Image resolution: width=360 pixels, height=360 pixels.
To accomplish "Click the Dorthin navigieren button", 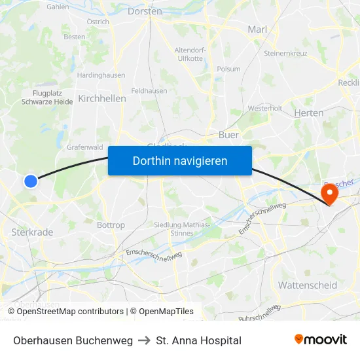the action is click(180, 160).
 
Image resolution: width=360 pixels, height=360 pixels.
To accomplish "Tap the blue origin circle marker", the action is click(31, 181).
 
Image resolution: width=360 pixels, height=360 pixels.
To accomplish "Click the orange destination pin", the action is click(329, 194).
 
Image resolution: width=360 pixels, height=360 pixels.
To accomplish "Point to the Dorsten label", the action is click(145, 11).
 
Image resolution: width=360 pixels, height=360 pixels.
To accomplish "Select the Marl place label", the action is click(257, 29).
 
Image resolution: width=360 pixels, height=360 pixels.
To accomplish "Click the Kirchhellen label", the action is click(101, 98).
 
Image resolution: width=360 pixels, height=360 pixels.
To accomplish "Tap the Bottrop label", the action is click(111, 225).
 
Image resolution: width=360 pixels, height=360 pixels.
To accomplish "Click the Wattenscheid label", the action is click(308, 285).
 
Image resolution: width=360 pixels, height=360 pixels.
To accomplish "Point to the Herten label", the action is click(309, 113).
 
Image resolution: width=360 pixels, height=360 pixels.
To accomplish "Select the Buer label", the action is click(228, 135).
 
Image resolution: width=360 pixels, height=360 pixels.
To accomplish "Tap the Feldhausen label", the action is click(149, 91).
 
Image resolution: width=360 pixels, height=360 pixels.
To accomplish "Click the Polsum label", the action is click(228, 69).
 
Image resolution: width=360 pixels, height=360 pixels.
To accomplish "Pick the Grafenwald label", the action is click(85, 147).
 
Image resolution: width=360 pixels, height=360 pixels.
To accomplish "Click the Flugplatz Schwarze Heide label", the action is click(47, 98).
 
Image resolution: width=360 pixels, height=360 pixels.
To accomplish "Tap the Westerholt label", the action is click(265, 108).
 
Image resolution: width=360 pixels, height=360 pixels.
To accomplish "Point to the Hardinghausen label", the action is click(101, 75).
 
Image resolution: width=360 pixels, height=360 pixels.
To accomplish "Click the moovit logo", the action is click(320, 340).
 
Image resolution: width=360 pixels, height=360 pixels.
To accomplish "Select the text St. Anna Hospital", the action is click(199, 340).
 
